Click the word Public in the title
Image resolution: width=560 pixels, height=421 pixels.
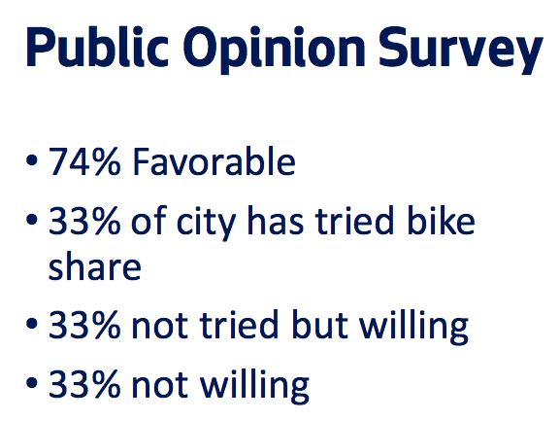click(x=97, y=48)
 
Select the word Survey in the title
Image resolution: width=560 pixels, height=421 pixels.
click(x=461, y=51)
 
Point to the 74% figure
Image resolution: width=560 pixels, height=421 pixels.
click(x=84, y=161)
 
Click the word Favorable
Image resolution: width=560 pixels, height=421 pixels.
click(x=214, y=161)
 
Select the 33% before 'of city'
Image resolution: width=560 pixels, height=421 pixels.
click(x=84, y=221)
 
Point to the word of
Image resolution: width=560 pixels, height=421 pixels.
click(x=148, y=221)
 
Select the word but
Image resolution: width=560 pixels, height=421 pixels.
click(x=319, y=324)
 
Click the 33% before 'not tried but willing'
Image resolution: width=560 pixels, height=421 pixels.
click(x=84, y=325)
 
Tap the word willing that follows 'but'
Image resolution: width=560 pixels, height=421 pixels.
click(x=413, y=327)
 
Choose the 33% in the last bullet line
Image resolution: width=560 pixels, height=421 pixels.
click(x=84, y=384)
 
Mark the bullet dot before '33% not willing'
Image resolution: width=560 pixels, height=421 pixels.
click(x=32, y=382)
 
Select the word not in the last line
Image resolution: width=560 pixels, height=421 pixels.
click(x=159, y=385)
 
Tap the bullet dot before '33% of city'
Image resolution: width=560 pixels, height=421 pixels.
click(x=32, y=220)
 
